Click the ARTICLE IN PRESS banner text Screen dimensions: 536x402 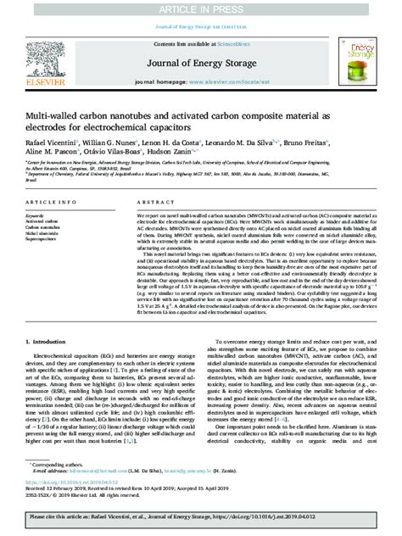point(201,8)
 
